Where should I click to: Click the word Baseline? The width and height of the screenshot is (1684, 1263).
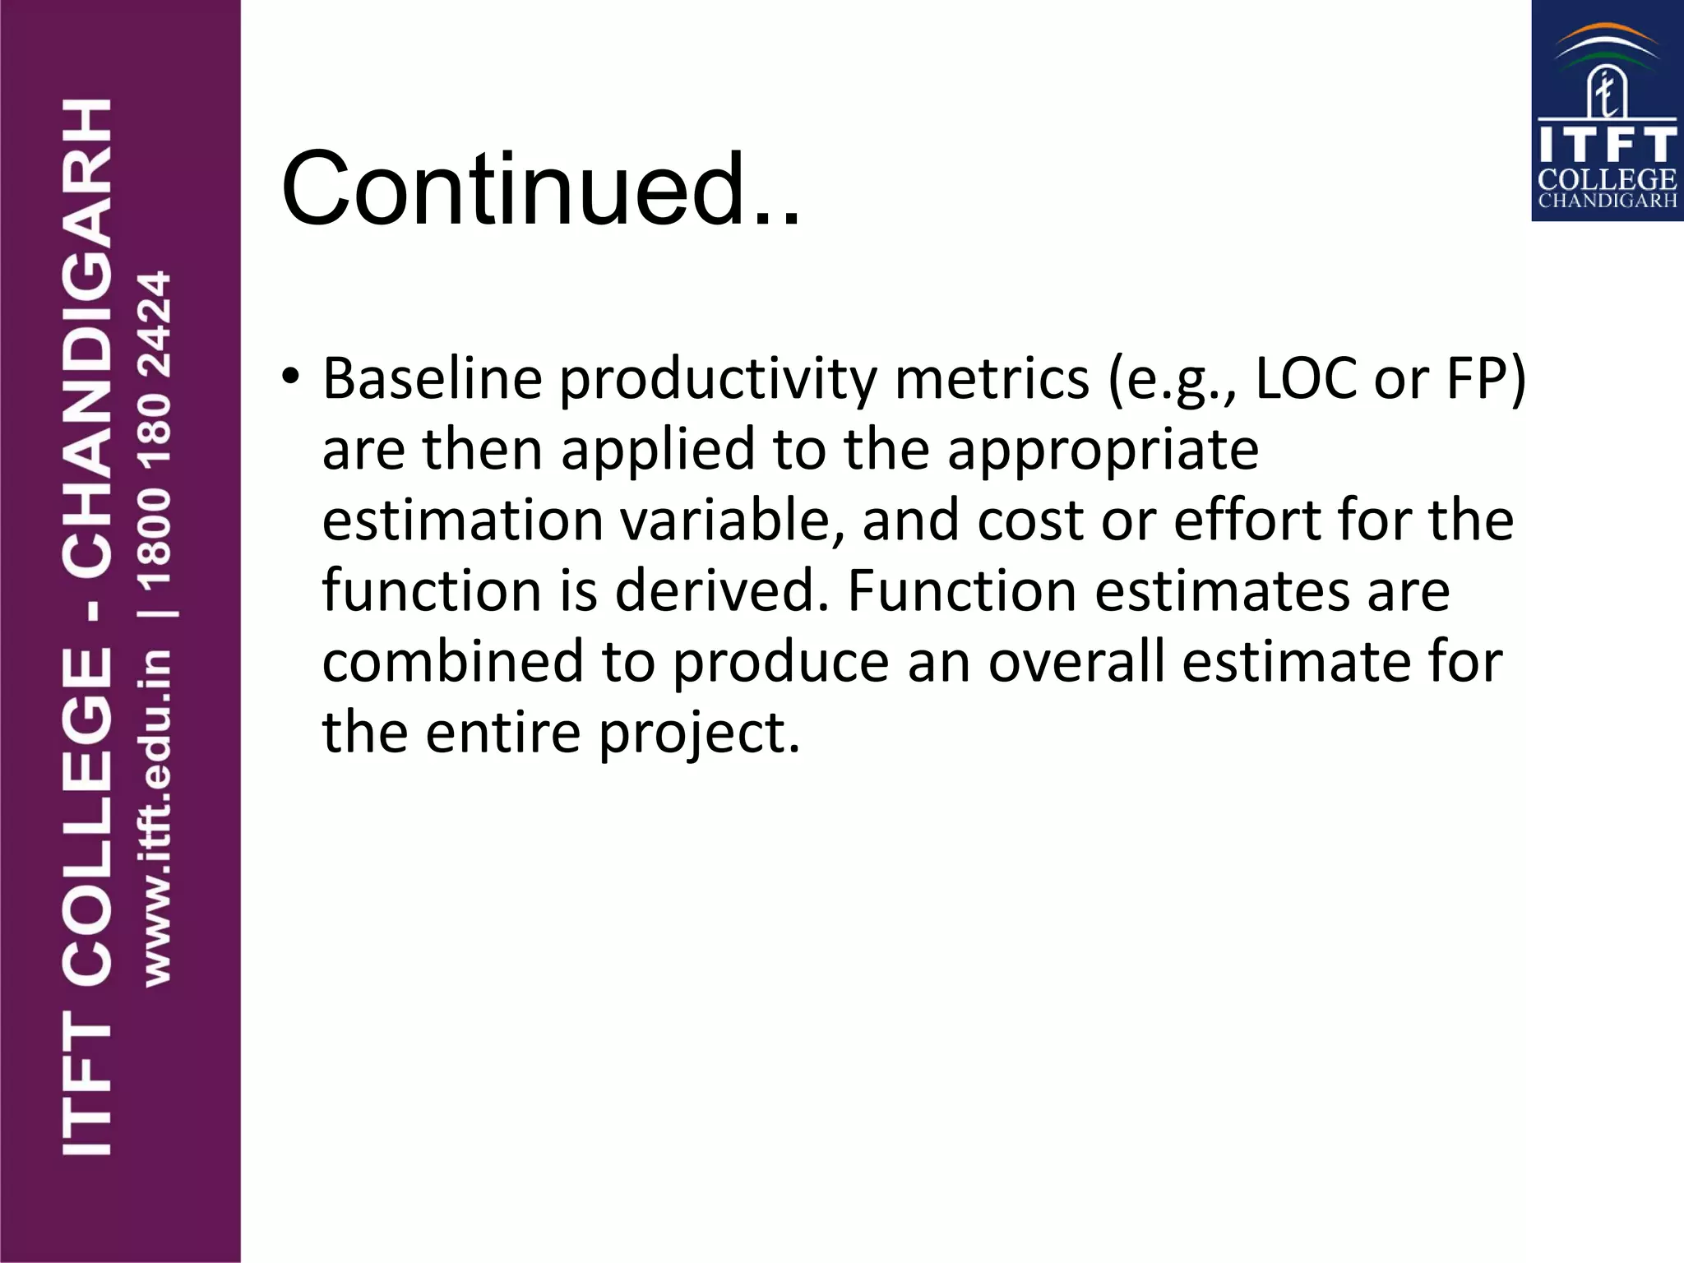[x=433, y=379]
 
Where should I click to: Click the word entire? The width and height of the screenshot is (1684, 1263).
[x=503, y=733]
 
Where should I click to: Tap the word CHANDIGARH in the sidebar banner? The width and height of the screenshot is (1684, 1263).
[x=87, y=338]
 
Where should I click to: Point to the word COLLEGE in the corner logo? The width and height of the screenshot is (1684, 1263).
[x=1607, y=179]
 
